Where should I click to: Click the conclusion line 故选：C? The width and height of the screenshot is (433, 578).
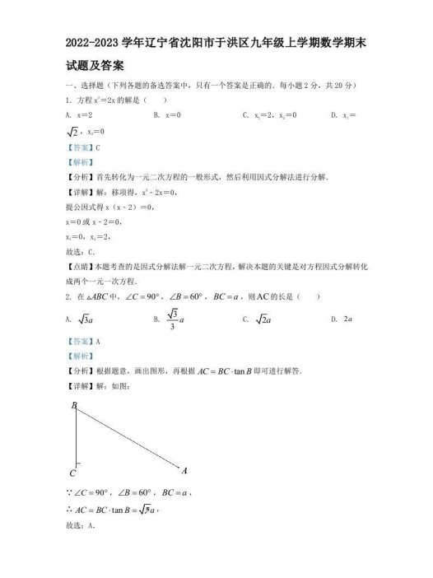point(79,251)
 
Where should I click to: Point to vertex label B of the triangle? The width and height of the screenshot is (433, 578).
point(73,406)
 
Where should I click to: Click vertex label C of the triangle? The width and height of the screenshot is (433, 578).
point(73,474)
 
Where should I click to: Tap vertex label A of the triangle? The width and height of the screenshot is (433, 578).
point(184,470)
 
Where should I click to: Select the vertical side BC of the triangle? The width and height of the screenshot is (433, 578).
point(77,436)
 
